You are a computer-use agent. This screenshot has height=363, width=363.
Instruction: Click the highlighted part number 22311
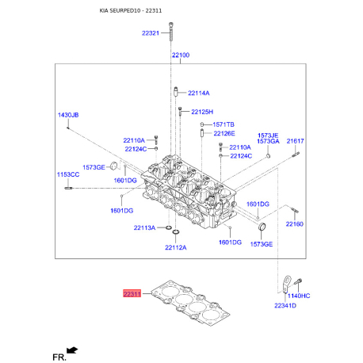tap(132, 293)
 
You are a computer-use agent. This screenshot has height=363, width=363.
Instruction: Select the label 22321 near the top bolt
tap(151, 33)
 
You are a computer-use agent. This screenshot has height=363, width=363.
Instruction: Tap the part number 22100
tap(181, 55)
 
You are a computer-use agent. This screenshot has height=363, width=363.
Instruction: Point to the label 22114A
tap(199, 93)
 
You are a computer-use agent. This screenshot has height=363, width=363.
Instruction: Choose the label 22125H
tap(202, 112)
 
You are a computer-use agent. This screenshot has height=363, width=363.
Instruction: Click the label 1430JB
tap(68, 115)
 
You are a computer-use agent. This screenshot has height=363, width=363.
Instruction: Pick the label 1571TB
tap(224, 124)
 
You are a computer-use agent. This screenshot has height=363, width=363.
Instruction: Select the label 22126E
tap(224, 133)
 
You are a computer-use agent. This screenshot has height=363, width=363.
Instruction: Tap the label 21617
tap(296, 141)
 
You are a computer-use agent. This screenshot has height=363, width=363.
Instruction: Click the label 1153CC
tap(68, 174)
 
